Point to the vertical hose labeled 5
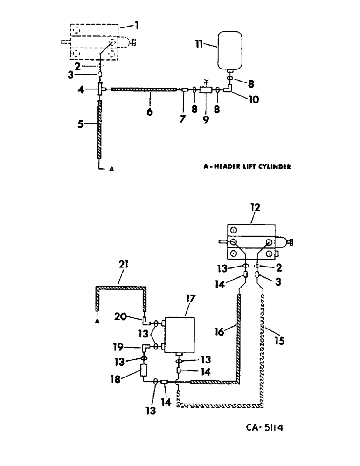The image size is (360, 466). (x=99, y=131)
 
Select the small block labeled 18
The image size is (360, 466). (x=144, y=371)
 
